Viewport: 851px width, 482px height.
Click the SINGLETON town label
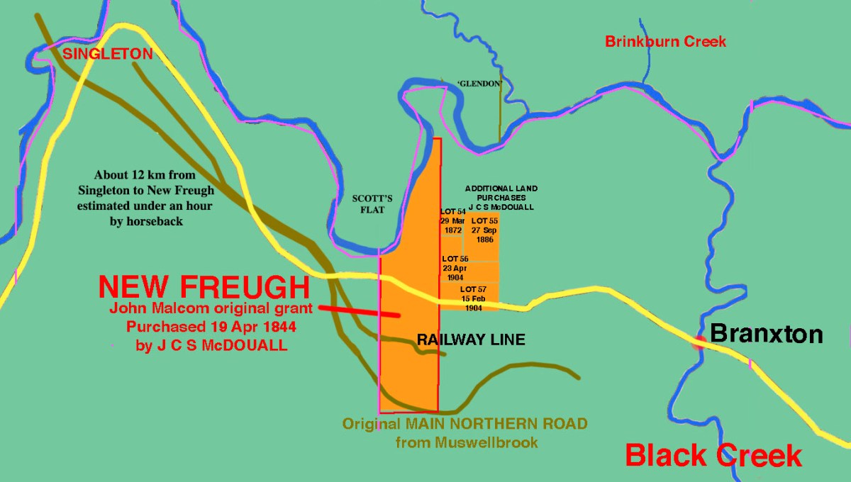click(108, 54)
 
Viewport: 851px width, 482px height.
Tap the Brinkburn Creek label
click(665, 42)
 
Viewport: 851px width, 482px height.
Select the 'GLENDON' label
click(480, 84)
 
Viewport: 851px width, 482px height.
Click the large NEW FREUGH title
click(204, 287)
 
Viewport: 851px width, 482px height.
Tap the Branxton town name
click(767, 334)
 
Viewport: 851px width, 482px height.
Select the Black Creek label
click(713, 455)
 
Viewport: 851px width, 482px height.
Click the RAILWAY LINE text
click(471, 340)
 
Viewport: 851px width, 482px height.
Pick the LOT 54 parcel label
click(452, 212)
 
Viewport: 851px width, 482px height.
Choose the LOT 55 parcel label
click(484, 221)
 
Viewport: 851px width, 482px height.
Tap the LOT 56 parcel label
click(455, 259)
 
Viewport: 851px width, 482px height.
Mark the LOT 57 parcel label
click(473, 289)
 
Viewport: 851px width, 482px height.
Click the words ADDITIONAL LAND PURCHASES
click(501, 193)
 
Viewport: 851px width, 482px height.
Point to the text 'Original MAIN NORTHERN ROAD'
click(465, 425)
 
